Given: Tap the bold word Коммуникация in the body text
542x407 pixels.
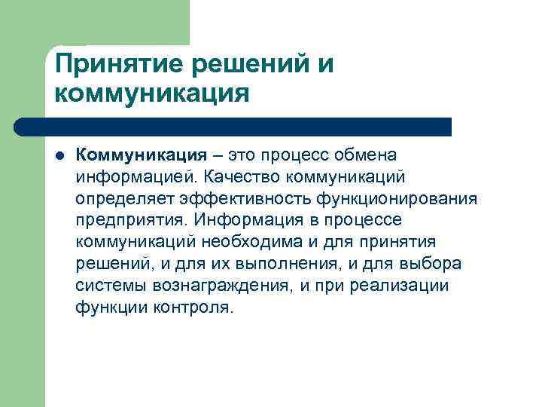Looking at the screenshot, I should tap(141, 155).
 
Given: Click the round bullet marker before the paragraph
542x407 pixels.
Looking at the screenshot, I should tap(59, 155).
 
